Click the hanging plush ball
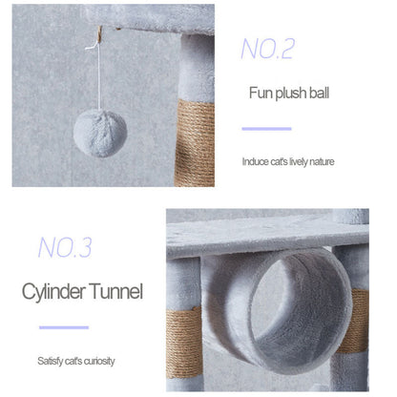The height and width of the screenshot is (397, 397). coord(100,134)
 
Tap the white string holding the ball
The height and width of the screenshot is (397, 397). coord(99,76)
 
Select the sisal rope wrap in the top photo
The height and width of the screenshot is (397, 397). coord(195,143)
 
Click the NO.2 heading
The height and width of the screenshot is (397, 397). coord(268,49)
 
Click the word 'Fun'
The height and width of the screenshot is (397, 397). coord(261,93)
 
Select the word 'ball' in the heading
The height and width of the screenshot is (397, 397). coord(319,93)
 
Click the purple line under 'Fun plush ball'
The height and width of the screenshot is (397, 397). coord(266,129)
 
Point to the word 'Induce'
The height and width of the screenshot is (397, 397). coord(256,161)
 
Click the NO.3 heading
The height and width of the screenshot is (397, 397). coord(65,247)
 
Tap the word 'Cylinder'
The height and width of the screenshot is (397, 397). coord(53,292)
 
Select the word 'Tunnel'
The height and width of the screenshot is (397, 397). coord(115,291)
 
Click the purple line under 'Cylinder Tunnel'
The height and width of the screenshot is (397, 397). coord(64,327)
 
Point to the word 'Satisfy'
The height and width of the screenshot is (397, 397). coord(50,361)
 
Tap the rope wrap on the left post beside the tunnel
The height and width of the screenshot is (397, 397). coord(184,343)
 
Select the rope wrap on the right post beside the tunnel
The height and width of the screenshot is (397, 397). coord(353,321)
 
